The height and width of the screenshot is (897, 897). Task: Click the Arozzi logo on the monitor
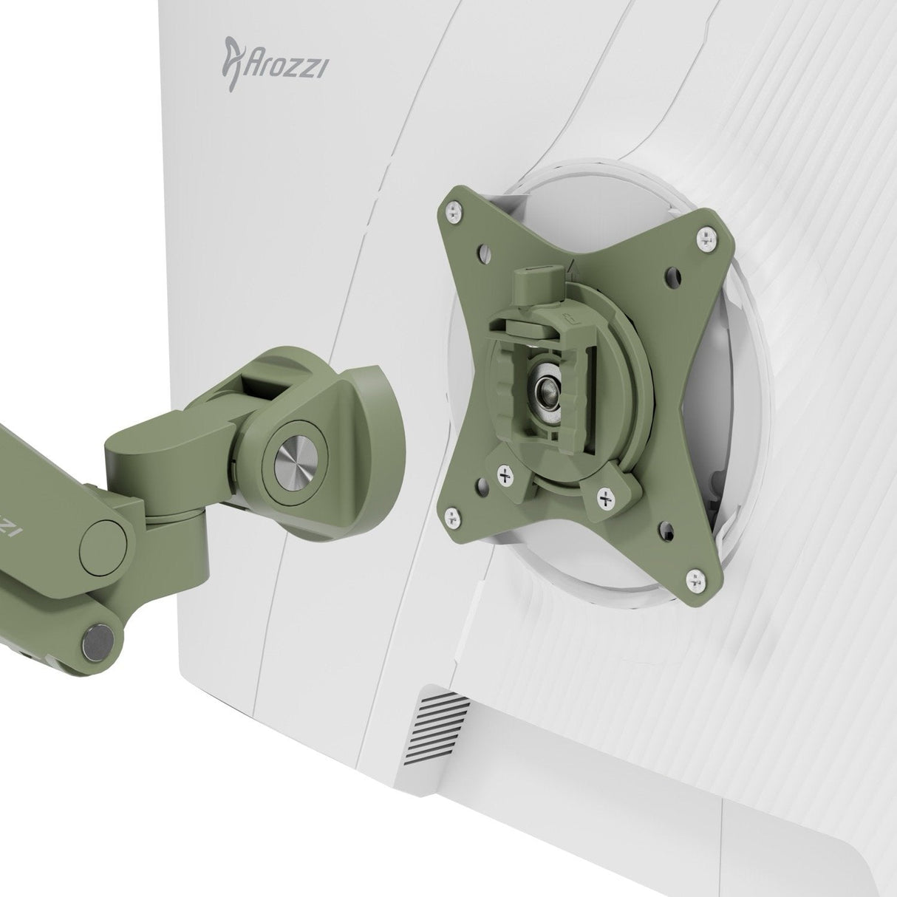pyautogui.click(x=276, y=64)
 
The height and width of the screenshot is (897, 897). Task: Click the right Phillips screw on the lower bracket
pyautogui.click(x=606, y=499)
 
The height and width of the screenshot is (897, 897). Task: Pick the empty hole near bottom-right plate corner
pyautogui.click(x=666, y=529)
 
